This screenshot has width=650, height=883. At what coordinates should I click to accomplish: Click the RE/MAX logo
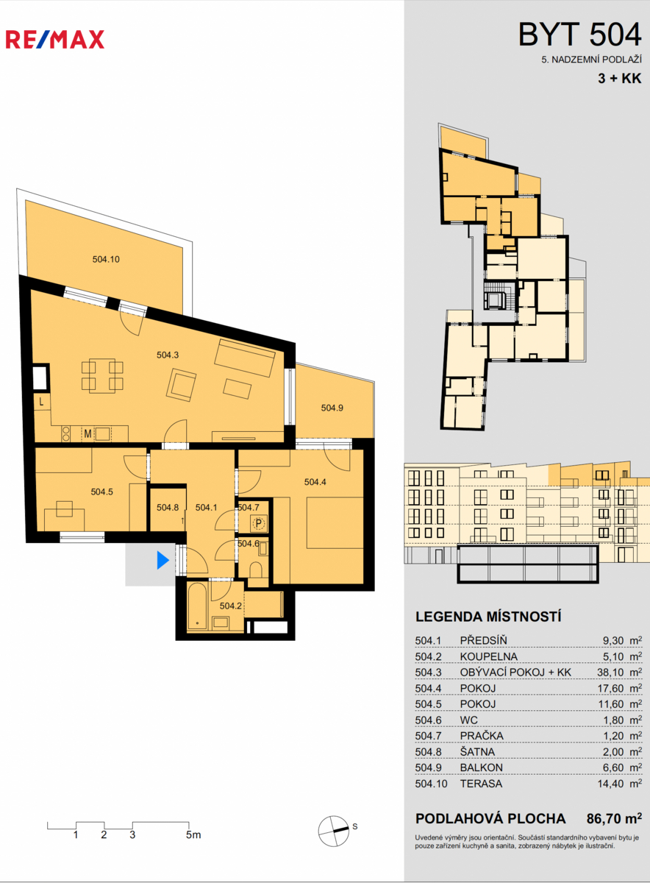tap(54, 40)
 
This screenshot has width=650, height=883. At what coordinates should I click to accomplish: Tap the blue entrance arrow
tap(162, 560)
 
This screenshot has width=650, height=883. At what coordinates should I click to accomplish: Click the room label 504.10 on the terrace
tap(106, 259)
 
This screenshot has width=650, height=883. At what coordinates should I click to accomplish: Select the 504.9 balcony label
tap(332, 408)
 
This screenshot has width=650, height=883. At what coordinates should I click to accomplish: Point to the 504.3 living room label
tap(168, 355)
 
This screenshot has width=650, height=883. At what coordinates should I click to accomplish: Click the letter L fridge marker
tap(42, 402)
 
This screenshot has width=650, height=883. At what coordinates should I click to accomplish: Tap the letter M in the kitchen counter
tap(87, 434)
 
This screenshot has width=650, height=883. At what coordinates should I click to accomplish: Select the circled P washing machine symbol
tap(258, 523)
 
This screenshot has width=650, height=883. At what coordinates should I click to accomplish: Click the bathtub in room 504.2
tap(196, 606)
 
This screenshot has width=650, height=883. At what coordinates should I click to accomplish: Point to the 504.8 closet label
tap(168, 508)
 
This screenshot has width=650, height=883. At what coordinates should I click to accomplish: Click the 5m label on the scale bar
tap(193, 834)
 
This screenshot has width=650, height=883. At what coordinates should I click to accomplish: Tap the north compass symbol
tap(333, 831)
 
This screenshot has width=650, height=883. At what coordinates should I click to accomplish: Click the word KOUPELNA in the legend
tap(489, 656)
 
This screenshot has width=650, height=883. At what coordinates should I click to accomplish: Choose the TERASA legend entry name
tap(481, 784)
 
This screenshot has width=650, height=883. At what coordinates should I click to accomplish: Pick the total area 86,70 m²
tap(614, 819)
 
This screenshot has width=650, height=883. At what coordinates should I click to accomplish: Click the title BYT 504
tap(579, 35)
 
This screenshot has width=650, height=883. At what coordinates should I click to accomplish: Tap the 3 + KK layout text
tap(620, 78)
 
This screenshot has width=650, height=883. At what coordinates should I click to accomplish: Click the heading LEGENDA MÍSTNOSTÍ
tap(488, 617)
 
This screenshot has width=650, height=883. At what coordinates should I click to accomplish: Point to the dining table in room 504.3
tap(102, 376)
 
